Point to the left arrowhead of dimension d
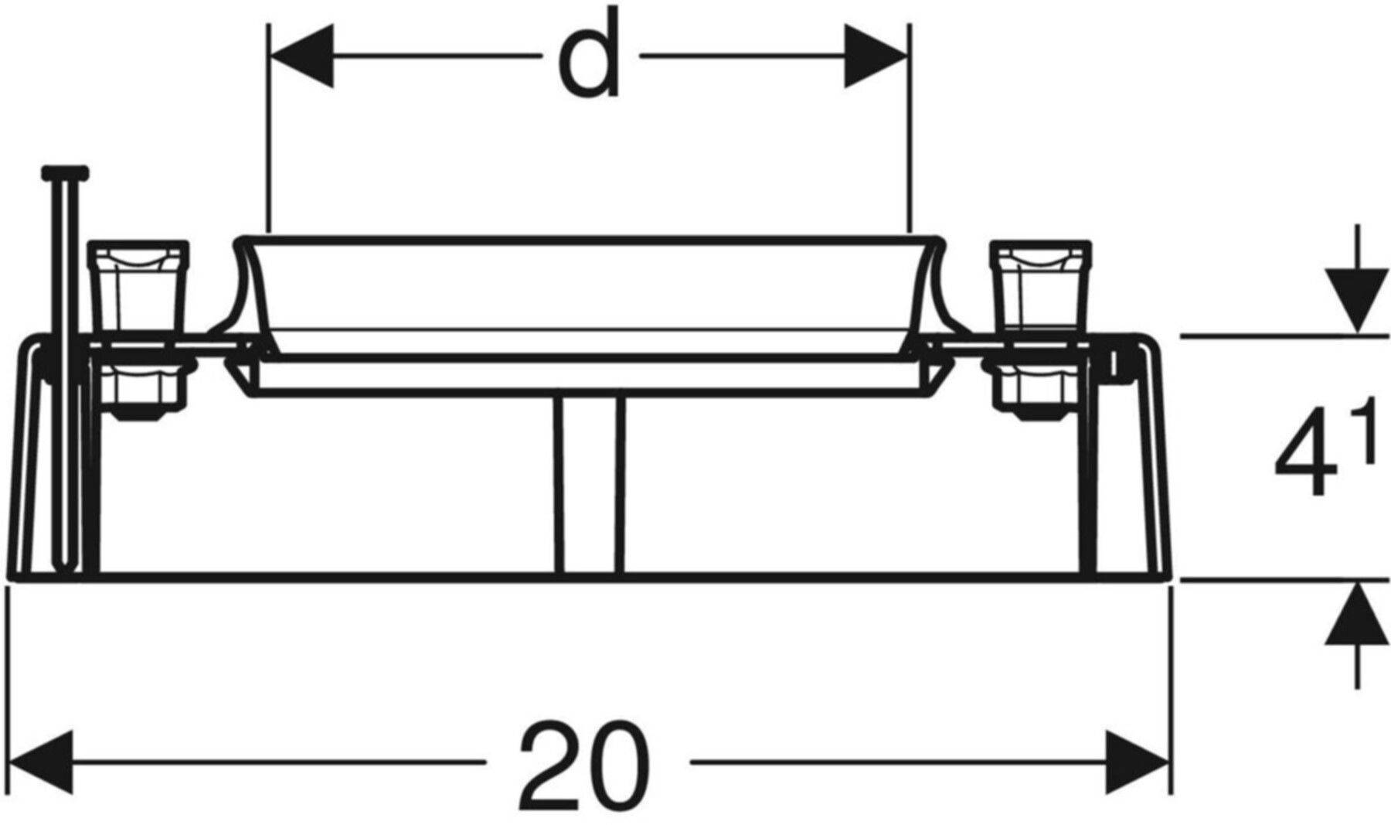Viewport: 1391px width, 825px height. pyautogui.click(x=301, y=56)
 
